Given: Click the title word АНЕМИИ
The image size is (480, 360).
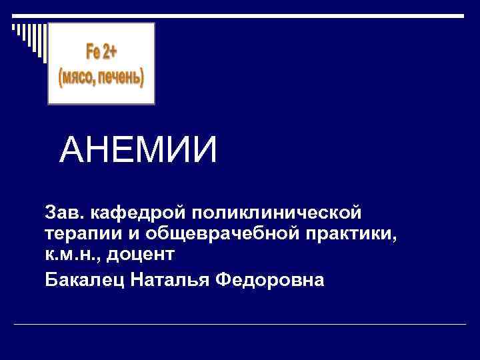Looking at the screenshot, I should click(138, 150).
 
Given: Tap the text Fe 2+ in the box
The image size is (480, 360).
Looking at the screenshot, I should click(101, 51).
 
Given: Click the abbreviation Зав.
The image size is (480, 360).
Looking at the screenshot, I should click(64, 215).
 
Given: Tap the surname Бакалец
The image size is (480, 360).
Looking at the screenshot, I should click(83, 279).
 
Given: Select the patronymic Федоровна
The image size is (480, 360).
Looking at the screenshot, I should click(270, 279).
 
